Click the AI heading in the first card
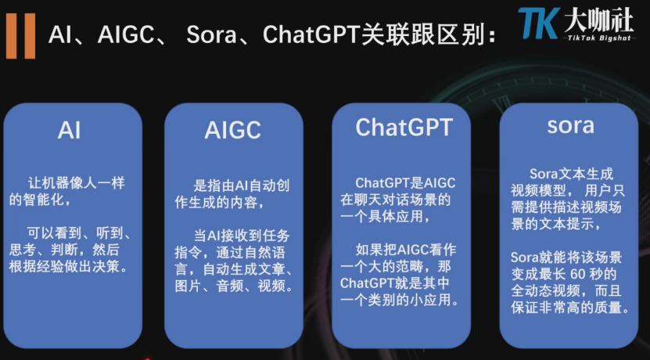pyautogui.click(x=69, y=130)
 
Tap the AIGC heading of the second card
pyautogui.click(x=232, y=130)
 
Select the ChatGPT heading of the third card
pyautogui.click(x=404, y=126)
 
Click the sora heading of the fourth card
pyautogui.click(x=570, y=125)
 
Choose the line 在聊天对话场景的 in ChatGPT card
pyautogui.click(x=396, y=200)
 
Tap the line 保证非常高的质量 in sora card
pyautogui.click(x=570, y=308)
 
